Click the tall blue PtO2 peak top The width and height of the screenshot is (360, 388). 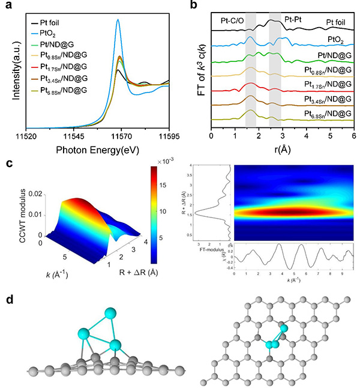pyautogui.click(x=118, y=19)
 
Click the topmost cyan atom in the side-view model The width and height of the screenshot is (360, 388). pyautogui.click(x=110, y=314)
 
